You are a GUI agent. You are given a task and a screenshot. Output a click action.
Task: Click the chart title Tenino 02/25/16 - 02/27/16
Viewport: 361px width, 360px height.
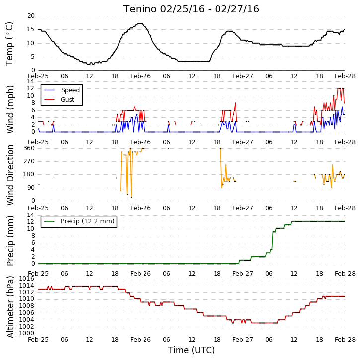(x=191, y=9)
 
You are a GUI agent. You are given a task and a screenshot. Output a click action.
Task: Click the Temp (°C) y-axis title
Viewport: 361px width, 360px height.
(x=9, y=44)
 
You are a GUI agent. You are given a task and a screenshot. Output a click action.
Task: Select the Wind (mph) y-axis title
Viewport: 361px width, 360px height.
(x=10, y=109)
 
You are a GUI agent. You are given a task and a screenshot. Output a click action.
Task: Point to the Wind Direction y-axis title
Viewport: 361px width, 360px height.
(x=10, y=175)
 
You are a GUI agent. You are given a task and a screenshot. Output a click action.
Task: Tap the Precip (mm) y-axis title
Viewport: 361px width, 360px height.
(x=10, y=241)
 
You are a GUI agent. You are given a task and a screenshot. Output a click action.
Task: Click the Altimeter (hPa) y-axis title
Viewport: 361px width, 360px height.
(x=10, y=307)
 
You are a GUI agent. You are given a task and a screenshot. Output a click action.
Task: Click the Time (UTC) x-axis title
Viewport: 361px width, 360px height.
(x=191, y=350)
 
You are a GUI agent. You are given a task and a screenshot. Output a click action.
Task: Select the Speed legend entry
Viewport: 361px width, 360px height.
(x=62, y=90)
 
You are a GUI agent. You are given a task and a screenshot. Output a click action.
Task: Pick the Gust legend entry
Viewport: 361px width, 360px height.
(x=60, y=100)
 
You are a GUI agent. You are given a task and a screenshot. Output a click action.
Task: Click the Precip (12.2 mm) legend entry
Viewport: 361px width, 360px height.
(x=79, y=221)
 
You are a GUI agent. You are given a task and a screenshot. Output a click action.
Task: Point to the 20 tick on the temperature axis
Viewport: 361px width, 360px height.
(x=31, y=16)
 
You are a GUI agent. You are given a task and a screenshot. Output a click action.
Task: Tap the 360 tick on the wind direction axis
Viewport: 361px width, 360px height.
(x=29, y=148)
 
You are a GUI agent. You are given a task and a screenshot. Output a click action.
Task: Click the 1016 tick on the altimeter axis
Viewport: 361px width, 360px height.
(x=26, y=279)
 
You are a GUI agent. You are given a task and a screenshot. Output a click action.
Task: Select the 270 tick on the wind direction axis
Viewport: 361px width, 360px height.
(x=29, y=161)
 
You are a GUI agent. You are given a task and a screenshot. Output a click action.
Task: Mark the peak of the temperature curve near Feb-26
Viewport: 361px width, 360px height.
(x=140, y=23)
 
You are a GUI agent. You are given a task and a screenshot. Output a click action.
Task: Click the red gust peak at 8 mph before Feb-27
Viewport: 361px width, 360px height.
(x=235, y=103)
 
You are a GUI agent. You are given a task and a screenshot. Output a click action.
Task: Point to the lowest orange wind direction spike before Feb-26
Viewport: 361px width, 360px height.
(x=131, y=197)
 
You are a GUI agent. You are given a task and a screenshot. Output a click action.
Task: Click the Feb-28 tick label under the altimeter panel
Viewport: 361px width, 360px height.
(x=345, y=340)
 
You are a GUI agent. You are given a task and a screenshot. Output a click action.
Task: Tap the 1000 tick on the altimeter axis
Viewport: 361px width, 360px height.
(x=26, y=333)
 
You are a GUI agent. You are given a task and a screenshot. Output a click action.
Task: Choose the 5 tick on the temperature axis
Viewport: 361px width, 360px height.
(x=32, y=57)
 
